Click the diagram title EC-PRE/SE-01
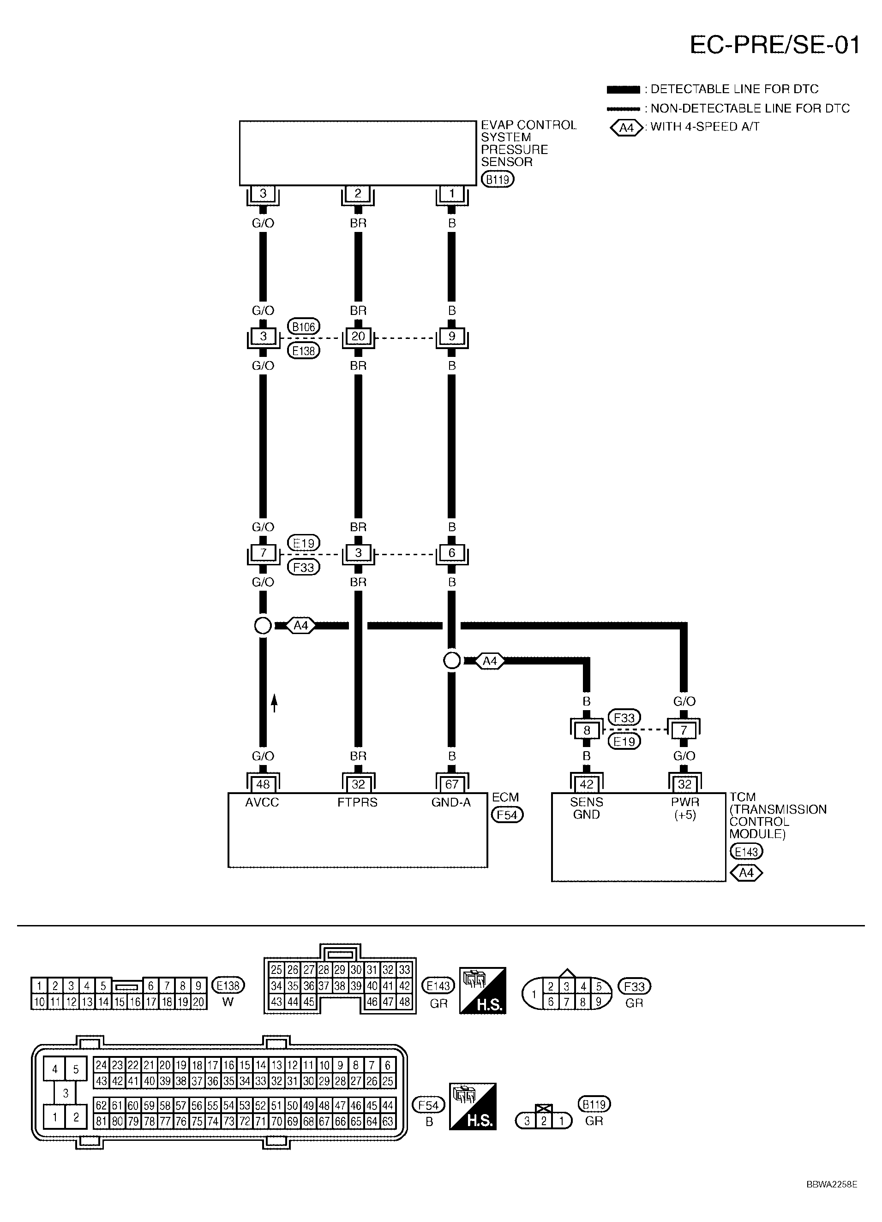pos(775,45)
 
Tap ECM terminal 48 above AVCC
pos(263,784)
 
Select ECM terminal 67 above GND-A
pos(452,784)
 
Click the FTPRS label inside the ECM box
pos(357,802)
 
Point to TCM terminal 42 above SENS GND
pos(587,784)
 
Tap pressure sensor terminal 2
pos(358,193)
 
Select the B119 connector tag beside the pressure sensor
pos(497,179)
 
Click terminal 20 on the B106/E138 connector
pos(358,336)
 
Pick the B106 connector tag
pos(304,326)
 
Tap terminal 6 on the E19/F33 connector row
pos(452,552)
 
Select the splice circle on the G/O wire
pos(263,626)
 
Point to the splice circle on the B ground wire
pos(452,660)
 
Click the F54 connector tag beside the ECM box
pos(507,815)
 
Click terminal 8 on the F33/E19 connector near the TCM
pos(587,730)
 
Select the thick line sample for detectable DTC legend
pos(623,89)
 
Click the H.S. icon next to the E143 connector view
pos(482,991)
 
